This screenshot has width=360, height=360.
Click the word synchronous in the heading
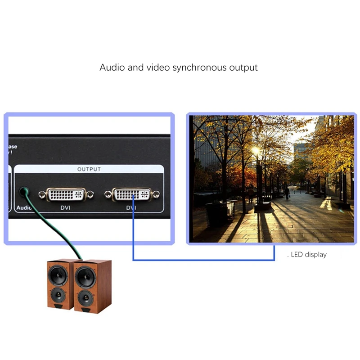(198, 68)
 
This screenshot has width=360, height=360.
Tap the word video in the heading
(157, 68)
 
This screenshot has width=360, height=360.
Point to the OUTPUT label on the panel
(89, 169)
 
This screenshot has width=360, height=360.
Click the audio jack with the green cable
(23, 192)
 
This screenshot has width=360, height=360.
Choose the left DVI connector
(66, 194)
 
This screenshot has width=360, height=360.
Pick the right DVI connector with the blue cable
(132, 194)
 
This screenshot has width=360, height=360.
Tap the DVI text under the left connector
(66, 208)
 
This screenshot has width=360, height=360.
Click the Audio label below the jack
(23, 208)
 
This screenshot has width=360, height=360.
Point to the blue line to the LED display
(202, 260)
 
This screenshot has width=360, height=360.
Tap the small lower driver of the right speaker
(84, 297)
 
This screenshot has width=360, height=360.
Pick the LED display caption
(308, 255)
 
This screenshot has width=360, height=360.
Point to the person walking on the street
(287, 193)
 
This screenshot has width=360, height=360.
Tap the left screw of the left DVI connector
(42, 194)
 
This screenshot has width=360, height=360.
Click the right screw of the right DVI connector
(156, 194)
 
